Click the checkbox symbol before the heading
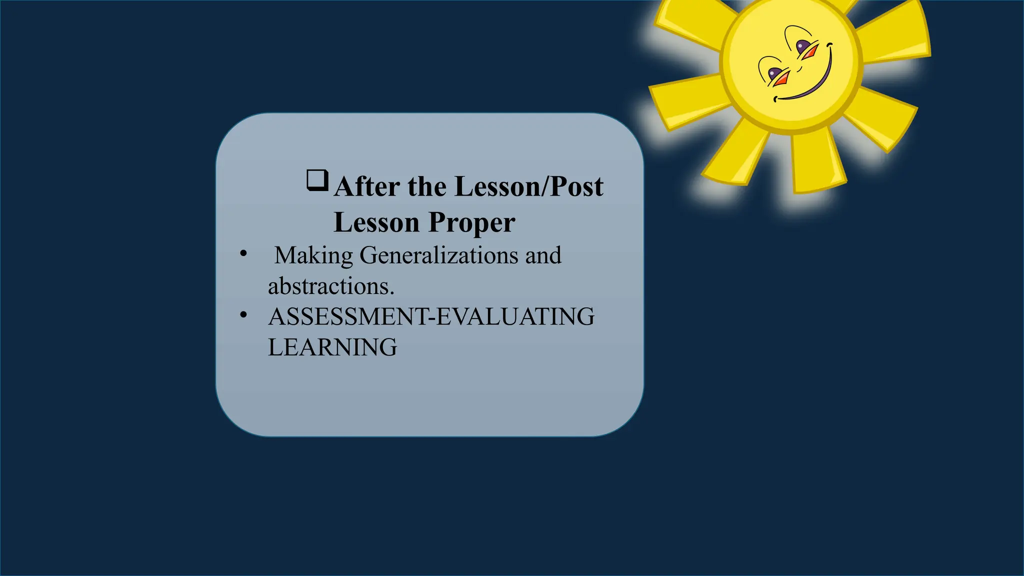317,180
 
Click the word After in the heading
367,187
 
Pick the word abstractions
331,286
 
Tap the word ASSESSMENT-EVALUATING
431,317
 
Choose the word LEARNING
332,347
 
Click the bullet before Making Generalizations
243,253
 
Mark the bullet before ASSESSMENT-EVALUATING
243,315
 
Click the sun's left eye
774,74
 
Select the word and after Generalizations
543,255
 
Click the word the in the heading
427,187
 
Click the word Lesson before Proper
376,223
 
